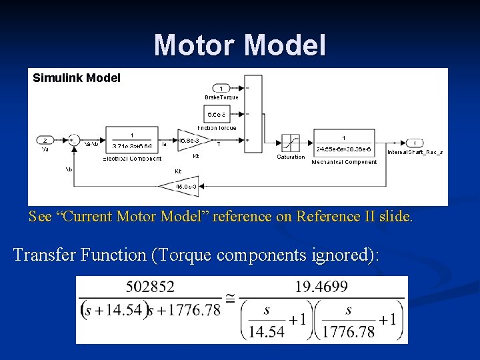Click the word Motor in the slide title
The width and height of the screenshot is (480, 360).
pos(195,45)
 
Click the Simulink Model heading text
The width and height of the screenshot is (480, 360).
pos(77,78)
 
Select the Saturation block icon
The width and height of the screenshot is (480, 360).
pos(290,143)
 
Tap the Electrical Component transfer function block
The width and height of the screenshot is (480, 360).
pos(132,140)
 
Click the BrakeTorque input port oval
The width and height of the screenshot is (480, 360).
pos(221,88)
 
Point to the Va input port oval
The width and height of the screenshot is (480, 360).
pos(45,140)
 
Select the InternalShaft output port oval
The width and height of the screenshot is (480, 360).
pos(414,143)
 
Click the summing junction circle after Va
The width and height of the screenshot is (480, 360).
pos(73,141)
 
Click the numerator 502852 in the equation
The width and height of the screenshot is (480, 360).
pos(150,287)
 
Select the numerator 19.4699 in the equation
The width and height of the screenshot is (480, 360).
pos(321,287)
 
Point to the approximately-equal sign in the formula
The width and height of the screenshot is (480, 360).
pos(229,301)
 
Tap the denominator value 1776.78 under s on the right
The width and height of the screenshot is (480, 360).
pos(349,331)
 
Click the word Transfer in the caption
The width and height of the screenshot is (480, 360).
pos(45,255)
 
